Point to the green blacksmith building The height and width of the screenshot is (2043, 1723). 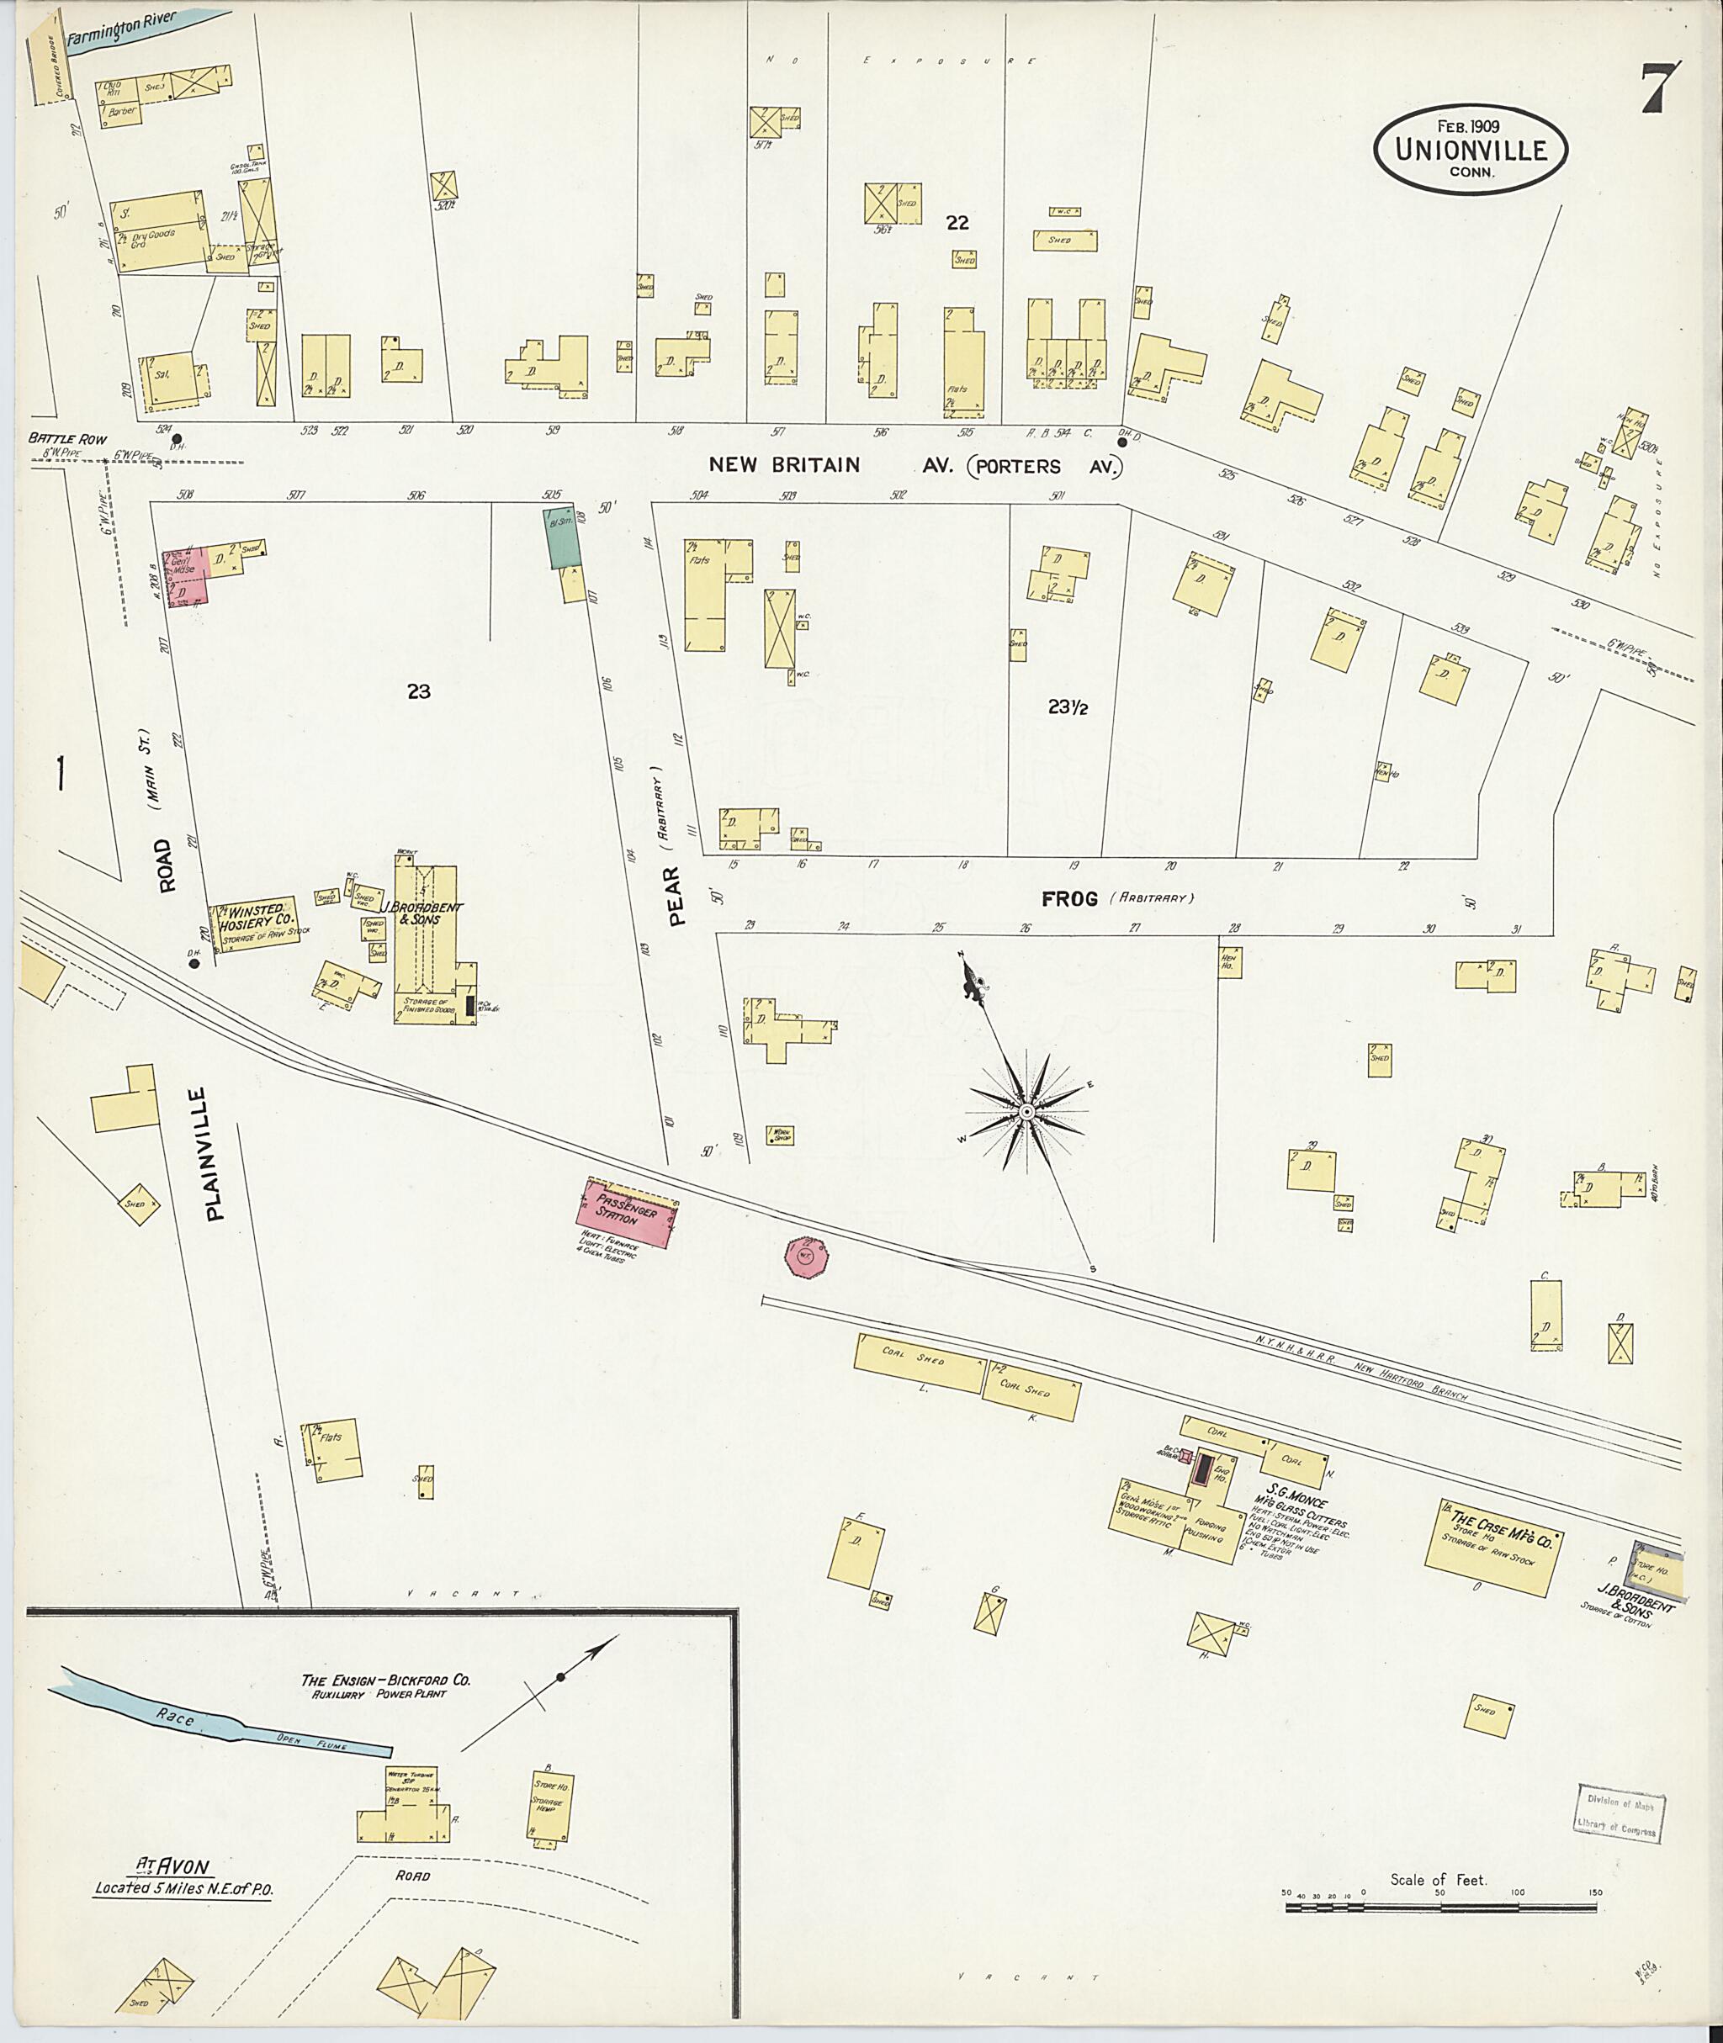(562, 538)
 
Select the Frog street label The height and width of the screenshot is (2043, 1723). (1069, 898)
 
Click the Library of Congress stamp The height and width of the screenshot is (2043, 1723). (1615, 1811)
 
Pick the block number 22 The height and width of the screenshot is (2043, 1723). (957, 223)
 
